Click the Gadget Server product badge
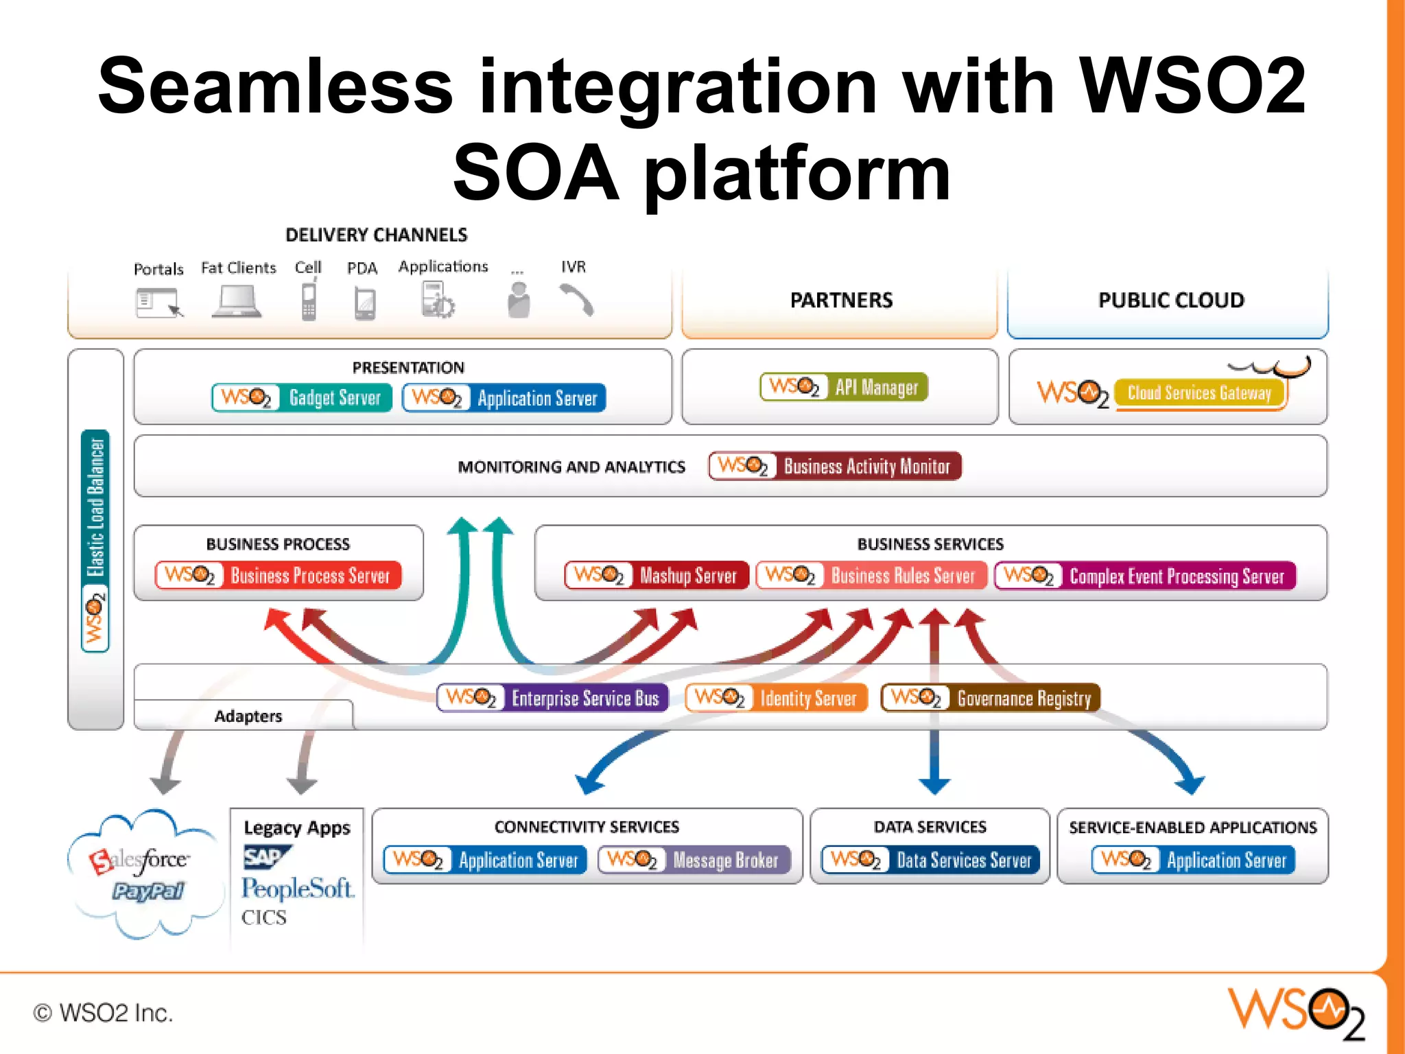tap(302, 398)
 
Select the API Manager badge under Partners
tap(843, 387)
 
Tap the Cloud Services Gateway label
tap(1199, 393)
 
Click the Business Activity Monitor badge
tap(835, 467)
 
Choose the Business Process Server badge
tap(278, 575)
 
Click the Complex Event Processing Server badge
tap(1145, 576)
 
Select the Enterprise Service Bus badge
tap(552, 698)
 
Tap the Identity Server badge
tap(776, 698)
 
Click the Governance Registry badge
tap(990, 698)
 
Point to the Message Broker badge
tap(694, 860)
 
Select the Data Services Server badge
tap(930, 860)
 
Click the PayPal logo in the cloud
tap(148, 891)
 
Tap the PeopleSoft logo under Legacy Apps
tap(297, 889)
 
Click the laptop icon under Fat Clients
tap(237, 302)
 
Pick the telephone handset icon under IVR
tap(576, 301)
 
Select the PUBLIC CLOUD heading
tap(1170, 301)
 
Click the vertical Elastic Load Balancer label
tap(95, 508)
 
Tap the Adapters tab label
tap(248, 716)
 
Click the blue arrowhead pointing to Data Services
tap(934, 785)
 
